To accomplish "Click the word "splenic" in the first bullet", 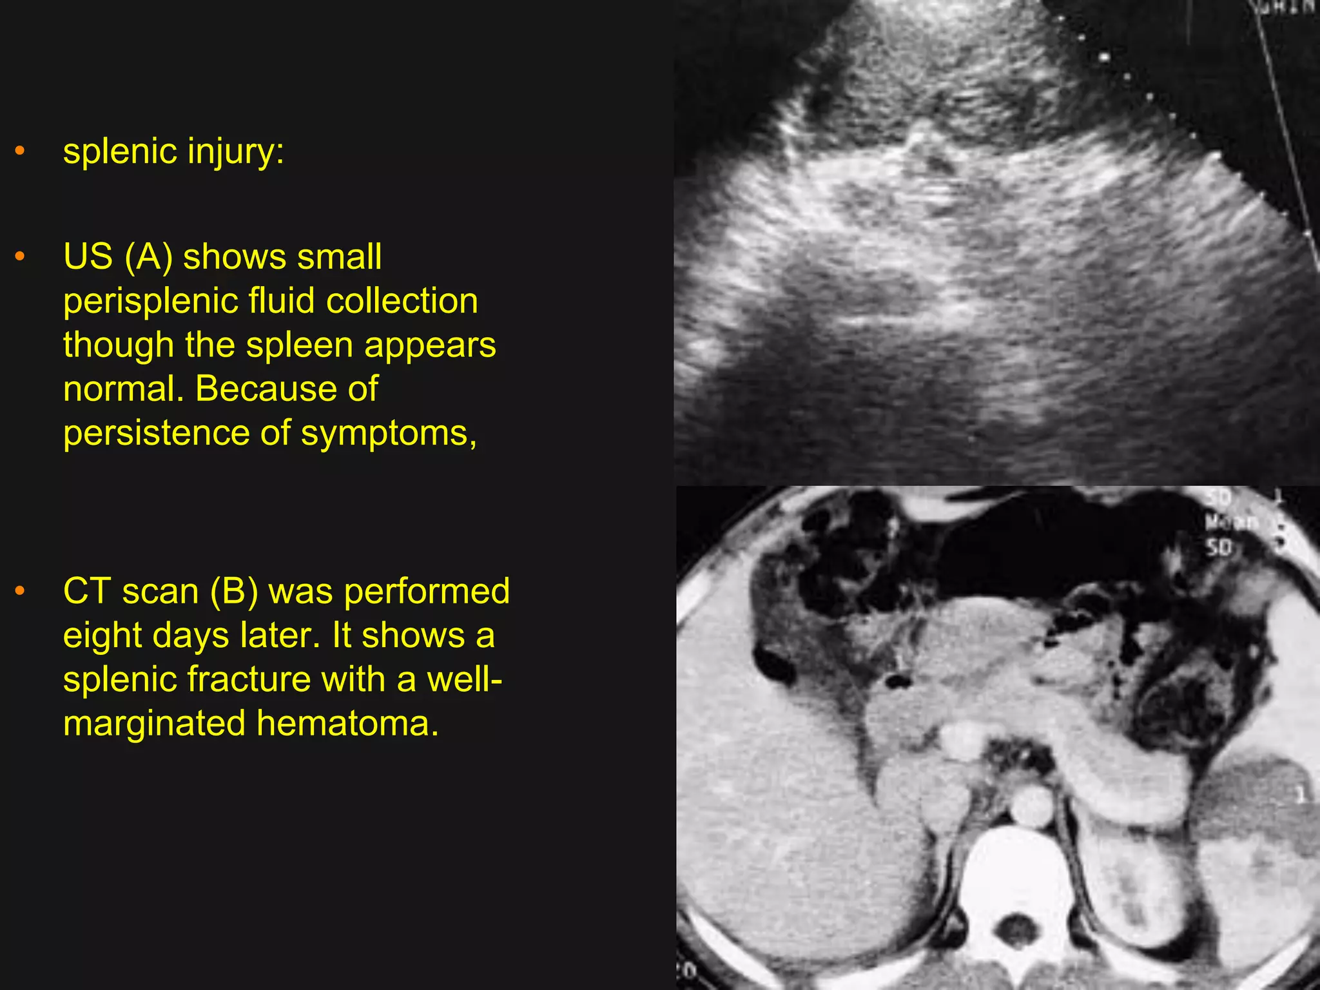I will [x=120, y=152].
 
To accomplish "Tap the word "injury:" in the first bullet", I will [x=236, y=152].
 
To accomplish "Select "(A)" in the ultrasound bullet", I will [x=149, y=257].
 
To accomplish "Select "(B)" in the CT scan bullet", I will [x=234, y=592].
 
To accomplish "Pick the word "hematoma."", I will [x=347, y=723].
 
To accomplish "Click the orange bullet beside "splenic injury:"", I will [x=20, y=151].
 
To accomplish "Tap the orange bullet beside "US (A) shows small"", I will [x=20, y=257].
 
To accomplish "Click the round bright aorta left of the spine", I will [x=1031, y=804].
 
